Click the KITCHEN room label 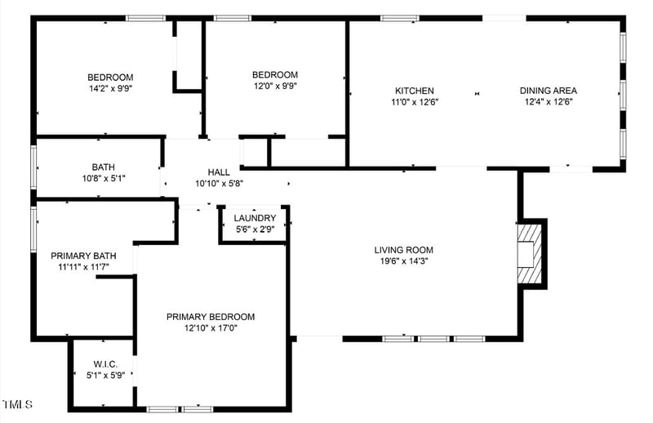(415, 91)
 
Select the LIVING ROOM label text (403, 250)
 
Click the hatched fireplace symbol (531, 252)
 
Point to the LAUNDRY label (255, 218)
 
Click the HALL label (219, 172)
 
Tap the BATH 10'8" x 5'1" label (103, 167)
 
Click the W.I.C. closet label (106, 364)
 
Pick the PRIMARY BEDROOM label (211, 317)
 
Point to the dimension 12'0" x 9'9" (274, 87)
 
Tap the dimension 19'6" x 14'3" (403, 261)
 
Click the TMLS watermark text (17, 404)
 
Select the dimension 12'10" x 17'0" (211, 328)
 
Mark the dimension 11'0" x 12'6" (415, 102)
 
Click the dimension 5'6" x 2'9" (255, 229)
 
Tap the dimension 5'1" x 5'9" (106, 376)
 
